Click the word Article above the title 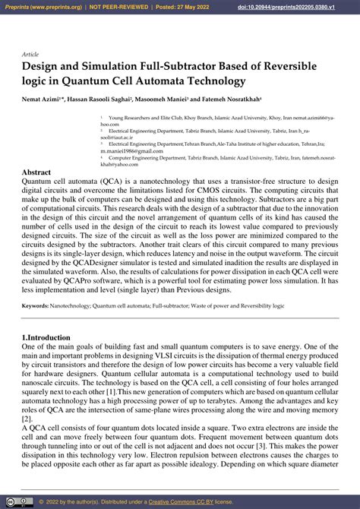tap(30, 55)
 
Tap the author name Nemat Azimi tap(43, 99)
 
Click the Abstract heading tap(36, 172)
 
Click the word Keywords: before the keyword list tap(36, 305)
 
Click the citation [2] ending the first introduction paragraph tap(27, 418)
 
